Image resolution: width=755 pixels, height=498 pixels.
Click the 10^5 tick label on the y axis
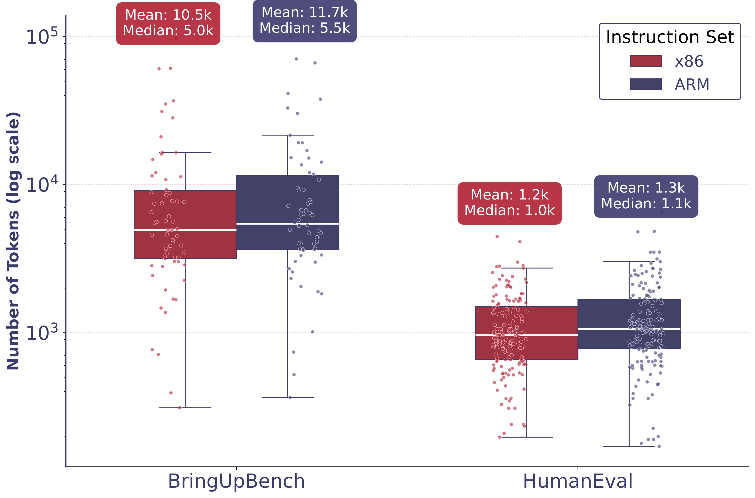point(42,37)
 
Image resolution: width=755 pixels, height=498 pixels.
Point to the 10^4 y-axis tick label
point(42,185)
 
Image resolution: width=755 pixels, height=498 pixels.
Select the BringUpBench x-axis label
point(236,481)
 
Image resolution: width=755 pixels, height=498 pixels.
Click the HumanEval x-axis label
point(577,481)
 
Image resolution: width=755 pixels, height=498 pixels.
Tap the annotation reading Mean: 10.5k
point(168,15)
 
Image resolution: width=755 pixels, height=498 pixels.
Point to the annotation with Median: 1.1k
point(646,204)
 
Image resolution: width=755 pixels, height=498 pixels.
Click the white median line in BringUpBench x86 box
point(185,230)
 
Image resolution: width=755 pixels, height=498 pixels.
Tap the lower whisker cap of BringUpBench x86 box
point(185,407)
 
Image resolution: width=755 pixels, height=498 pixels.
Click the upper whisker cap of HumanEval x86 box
point(526,268)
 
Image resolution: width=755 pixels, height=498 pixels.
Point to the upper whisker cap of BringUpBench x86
point(185,152)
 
